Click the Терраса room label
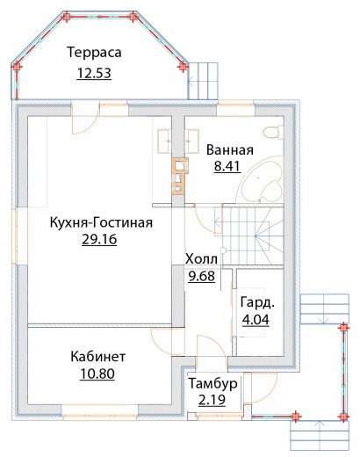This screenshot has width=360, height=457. pos(94,53)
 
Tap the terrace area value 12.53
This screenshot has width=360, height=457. pos(94,73)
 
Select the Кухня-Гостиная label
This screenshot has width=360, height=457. pos(101,222)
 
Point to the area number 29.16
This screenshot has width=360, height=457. pos(99,239)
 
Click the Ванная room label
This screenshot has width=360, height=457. pos(230,150)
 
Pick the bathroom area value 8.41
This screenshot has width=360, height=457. pos(227,166)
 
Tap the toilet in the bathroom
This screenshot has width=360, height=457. pos(274,132)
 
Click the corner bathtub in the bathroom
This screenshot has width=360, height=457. pos(260,179)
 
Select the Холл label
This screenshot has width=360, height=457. pos(202,259)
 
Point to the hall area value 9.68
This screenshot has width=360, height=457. pos(202,276)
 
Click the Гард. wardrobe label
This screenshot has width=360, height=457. pos(257,303)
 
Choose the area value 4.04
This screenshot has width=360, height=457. pos(256,320)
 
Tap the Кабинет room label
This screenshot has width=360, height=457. pos(98,357)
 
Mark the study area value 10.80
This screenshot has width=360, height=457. pos(97,374)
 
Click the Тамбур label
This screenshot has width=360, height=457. pos(212,384)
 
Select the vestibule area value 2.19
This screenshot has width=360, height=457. pos(212,400)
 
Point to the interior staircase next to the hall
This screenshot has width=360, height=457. pos(249,236)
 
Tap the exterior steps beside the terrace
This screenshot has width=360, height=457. pos(203,81)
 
